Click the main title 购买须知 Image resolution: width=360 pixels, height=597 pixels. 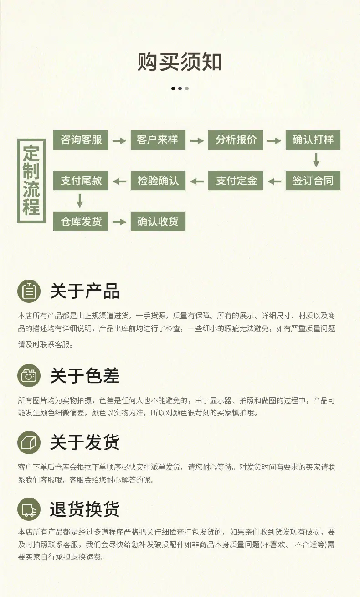click(180, 62)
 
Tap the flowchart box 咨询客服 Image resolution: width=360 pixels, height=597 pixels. click(81, 140)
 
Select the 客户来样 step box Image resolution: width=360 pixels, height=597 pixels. click(158, 140)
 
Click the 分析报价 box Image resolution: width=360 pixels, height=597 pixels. click(236, 140)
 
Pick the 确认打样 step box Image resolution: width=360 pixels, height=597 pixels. click(313, 140)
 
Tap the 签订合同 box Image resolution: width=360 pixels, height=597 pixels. click(313, 181)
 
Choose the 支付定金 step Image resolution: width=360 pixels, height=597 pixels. click(236, 181)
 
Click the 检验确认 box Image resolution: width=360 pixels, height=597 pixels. click(158, 181)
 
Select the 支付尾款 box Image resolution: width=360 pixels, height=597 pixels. click(81, 181)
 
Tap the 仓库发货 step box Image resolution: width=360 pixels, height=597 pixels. click(81, 221)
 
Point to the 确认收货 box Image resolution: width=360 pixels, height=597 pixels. click(158, 221)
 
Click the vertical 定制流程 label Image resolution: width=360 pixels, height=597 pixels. click(31, 181)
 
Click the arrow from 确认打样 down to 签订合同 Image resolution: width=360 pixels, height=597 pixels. click(316, 160)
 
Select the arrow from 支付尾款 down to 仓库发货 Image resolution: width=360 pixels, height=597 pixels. click(80, 201)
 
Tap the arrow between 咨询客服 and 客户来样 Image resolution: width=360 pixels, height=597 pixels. click(119, 141)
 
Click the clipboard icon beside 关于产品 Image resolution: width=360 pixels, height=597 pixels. click(29, 291)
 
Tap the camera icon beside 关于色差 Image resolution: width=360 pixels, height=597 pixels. click(29, 375)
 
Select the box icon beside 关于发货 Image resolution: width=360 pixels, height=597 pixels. click(29, 442)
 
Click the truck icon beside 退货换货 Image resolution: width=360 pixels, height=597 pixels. click(29, 509)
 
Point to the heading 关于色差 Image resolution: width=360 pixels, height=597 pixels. click(85, 375)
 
